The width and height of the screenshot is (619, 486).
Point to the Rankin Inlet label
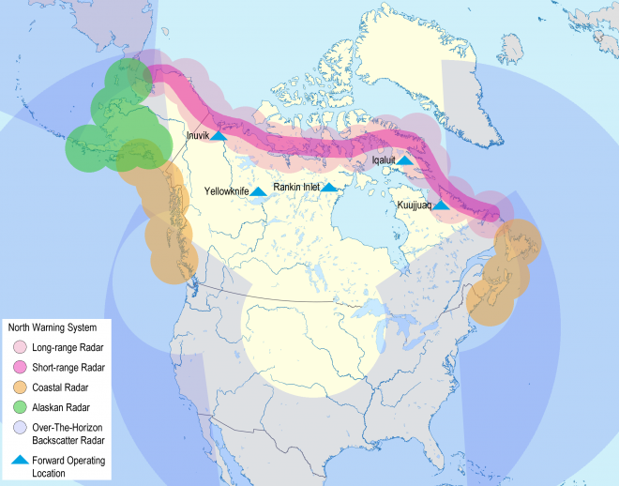(296, 188)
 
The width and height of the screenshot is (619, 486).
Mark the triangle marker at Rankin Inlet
(329, 188)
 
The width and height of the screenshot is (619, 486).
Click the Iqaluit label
(383, 160)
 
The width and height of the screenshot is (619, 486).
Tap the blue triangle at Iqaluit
(404, 160)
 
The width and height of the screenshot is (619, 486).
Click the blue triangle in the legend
(21, 461)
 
